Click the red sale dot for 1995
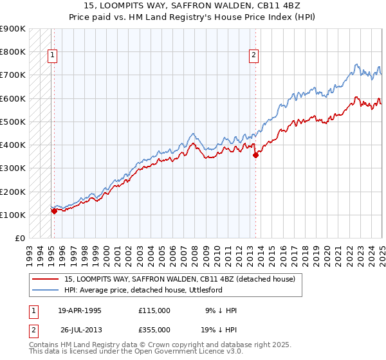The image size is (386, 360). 53,211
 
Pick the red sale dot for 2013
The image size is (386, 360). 255,155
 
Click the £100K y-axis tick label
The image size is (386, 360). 13,215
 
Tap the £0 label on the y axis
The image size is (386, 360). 20,238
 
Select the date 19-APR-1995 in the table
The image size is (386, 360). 80,310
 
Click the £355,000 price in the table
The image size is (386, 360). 154,329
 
